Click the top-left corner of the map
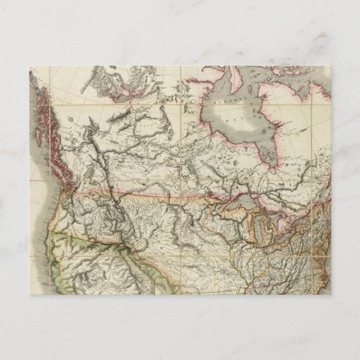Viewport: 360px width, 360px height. (x=30, y=66)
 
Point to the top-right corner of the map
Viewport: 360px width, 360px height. (x=331, y=66)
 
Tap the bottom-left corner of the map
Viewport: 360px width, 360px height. (x=30, y=294)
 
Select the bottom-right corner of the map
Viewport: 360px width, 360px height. (x=331, y=294)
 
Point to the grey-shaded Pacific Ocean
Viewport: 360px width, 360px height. (x=37, y=204)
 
